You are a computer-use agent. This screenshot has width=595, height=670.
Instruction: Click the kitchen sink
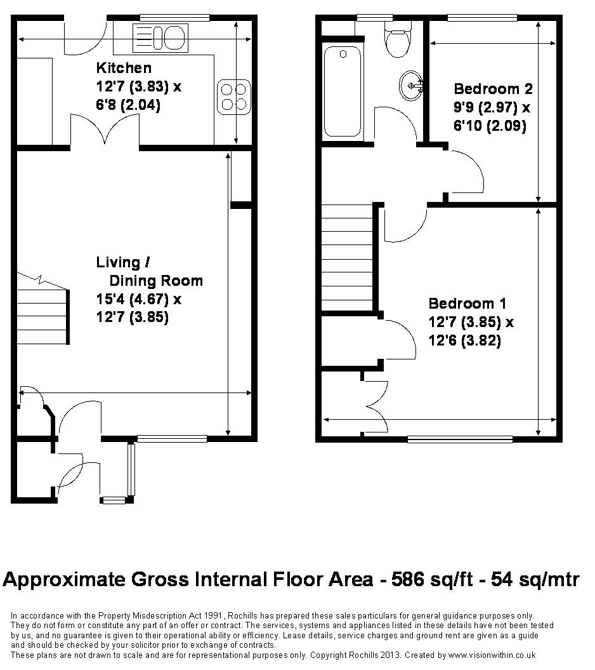pyautogui.click(x=160, y=38)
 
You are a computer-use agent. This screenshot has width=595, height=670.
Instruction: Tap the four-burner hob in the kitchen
pyautogui.click(x=234, y=97)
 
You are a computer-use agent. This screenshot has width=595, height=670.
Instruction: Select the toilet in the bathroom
pyautogui.click(x=398, y=39)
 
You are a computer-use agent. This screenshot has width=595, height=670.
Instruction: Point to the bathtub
pyautogui.click(x=343, y=92)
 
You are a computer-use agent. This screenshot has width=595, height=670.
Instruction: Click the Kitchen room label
pyautogui.click(x=124, y=68)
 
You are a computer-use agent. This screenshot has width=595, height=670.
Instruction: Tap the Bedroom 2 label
pyautogui.click(x=493, y=89)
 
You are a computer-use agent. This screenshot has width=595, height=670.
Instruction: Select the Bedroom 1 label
pyautogui.click(x=468, y=304)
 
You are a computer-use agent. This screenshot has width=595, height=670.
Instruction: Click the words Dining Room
pyautogui.click(x=156, y=281)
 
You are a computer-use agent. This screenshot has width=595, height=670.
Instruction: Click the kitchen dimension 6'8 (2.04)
pyautogui.click(x=128, y=105)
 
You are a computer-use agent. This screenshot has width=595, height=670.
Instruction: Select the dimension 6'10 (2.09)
pyautogui.click(x=490, y=126)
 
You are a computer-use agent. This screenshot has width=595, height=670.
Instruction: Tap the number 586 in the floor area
pyautogui.click(x=408, y=579)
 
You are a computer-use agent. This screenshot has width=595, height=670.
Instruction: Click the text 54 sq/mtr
pyautogui.click(x=535, y=579)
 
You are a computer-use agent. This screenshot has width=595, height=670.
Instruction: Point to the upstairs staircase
pyautogui.click(x=347, y=258)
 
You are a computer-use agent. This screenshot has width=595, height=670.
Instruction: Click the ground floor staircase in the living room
pyautogui.click(x=43, y=309)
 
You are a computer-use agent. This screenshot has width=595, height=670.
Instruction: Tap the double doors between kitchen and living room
pyautogui.click(x=105, y=130)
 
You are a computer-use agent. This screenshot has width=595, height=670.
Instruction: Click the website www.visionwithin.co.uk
pyautogui.click(x=492, y=655)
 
